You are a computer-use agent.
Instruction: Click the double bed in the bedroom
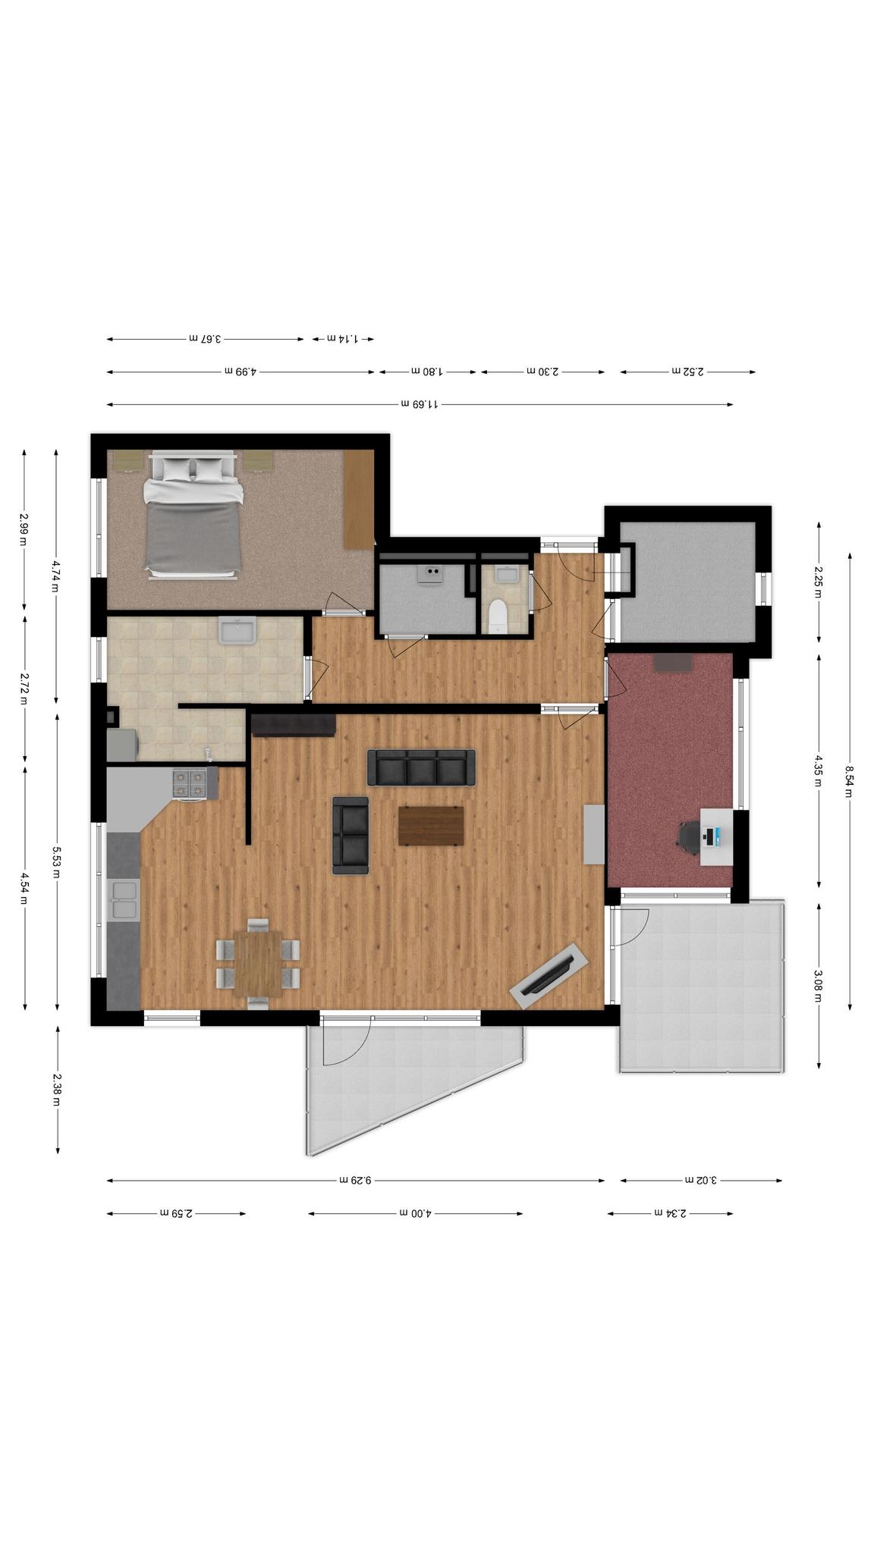click(x=193, y=516)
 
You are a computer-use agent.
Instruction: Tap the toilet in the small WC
click(x=498, y=616)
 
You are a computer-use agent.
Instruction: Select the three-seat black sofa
click(x=421, y=767)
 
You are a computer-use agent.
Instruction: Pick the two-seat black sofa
click(x=351, y=835)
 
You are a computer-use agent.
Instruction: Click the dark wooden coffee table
click(x=431, y=826)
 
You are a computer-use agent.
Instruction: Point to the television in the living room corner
click(x=549, y=976)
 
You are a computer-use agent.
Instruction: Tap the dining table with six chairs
click(x=258, y=963)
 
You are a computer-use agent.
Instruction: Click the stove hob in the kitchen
click(x=190, y=783)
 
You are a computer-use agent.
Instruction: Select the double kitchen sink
click(x=124, y=901)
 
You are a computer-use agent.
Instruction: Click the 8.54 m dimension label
click(x=850, y=782)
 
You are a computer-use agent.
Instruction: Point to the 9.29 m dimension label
click(x=355, y=1180)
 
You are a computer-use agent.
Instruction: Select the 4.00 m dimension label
click(x=415, y=1213)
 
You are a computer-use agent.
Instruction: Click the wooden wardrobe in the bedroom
click(x=359, y=498)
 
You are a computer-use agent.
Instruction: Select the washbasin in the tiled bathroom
click(x=237, y=630)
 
